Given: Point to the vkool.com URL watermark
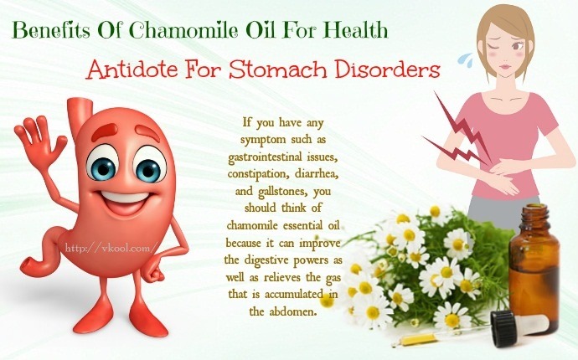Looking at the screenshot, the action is pyautogui.click(x=111, y=248).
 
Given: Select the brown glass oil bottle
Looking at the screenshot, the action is pyautogui.click(x=534, y=265).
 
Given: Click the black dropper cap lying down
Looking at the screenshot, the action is pyautogui.click(x=503, y=329).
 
